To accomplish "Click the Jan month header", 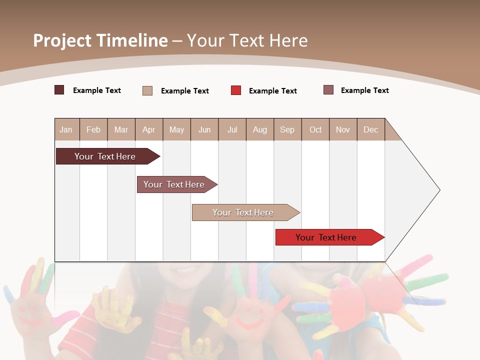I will pos(66,130).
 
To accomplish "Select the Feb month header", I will pos(93,130).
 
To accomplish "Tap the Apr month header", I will pos(148,130).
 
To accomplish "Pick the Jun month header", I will pos(204,130).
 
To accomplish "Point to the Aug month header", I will pos(259,130).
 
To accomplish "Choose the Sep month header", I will pos(287,130).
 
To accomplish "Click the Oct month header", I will pos(315,130).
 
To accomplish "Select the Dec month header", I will pos(370,130).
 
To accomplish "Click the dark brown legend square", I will pos(59,90).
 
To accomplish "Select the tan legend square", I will pos(147,90).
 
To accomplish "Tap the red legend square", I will pos(236,90).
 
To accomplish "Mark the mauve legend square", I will pos(328,90).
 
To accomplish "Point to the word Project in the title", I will pos(62,40).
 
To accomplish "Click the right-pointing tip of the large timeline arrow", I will pos(438,190).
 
